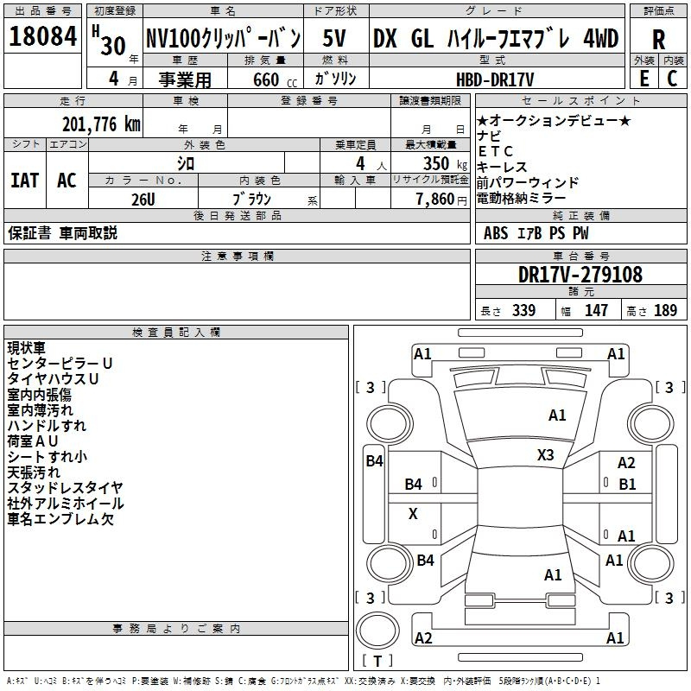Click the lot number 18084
point(42,36)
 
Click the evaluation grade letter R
point(658,40)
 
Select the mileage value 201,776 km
point(101,124)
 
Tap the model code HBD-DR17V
point(495,79)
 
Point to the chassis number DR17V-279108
point(580,275)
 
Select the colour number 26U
point(143,200)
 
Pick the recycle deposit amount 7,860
point(435,199)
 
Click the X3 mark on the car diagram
point(545,454)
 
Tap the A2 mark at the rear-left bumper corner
point(423,637)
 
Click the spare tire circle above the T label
point(377,630)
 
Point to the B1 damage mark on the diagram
point(627,485)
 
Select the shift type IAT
point(25,181)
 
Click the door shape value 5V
point(334,38)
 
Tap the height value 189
point(665,310)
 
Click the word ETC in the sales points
point(495,151)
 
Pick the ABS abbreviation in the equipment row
point(495,232)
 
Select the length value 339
point(523,310)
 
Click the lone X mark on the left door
point(413,513)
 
